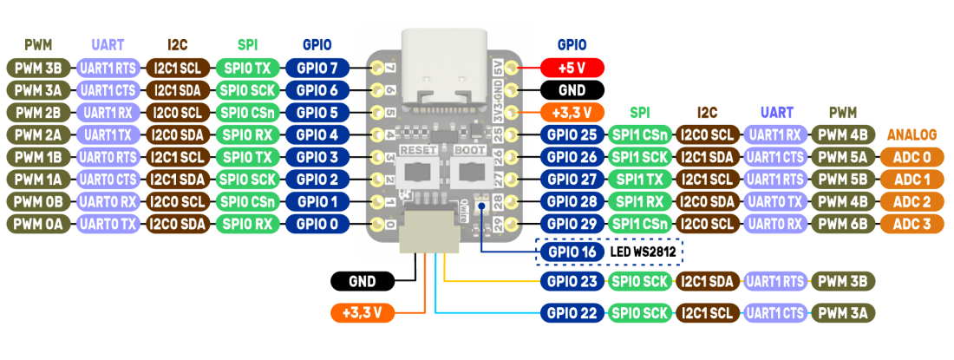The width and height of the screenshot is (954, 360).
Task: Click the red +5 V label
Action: pyautogui.click(x=572, y=67)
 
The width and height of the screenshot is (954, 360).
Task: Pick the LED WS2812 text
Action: pyautogui.click(x=644, y=252)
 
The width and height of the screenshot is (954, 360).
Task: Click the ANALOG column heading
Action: pyautogui.click(x=912, y=134)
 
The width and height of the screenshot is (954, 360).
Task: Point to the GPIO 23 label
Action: pyautogui.click(x=572, y=281)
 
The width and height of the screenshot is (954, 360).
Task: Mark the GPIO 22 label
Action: pyautogui.click(x=572, y=313)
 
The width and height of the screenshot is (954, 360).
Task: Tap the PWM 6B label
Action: pyautogui.click(x=844, y=224)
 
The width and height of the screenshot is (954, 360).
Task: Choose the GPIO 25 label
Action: pyautogui.click(x=572, y=134)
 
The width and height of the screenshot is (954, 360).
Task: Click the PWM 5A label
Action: pyautogui.click(x=844, y=157)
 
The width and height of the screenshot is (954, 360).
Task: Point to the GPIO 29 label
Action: pyautogui.click(x=572, y=224)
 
